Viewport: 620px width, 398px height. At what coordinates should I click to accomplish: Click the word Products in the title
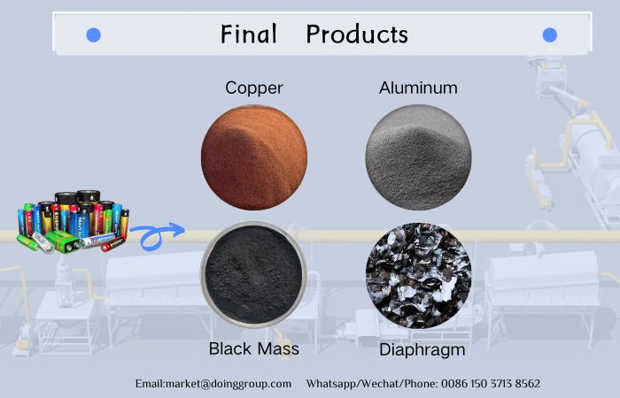pos(357,34)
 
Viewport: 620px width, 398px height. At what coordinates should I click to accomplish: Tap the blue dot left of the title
pos(93,35)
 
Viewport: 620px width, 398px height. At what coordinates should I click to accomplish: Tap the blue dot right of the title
pos(549,35)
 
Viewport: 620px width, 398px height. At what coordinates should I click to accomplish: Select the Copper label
pos(253,88)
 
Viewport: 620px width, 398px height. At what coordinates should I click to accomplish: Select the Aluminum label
pos(418,88)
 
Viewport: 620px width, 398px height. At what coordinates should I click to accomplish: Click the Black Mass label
pos(253,348)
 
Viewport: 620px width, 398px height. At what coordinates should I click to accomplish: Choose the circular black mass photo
pos(253,275)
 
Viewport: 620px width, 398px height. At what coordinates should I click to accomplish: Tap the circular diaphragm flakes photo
pos(419,275)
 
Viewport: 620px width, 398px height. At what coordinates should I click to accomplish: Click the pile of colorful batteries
pos(73,222)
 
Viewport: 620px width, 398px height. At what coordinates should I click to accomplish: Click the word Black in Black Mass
pos(229,348)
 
